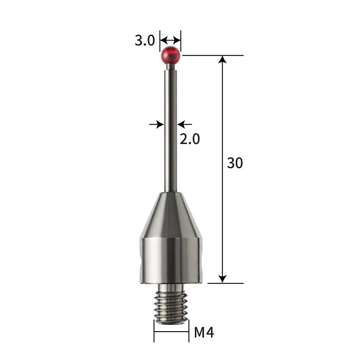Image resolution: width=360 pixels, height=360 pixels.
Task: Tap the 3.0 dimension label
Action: pos(144,41)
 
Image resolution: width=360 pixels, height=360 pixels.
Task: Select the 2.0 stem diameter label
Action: pos(189,139)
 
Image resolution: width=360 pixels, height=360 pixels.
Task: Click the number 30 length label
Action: pos(234,163)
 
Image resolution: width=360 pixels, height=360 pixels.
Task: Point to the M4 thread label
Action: pos(204,333)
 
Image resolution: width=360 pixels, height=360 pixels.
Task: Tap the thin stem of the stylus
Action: pos(171,135)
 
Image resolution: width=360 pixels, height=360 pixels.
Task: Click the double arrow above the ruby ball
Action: pos(171,39)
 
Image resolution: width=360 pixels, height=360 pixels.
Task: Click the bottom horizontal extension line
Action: pos(225,283)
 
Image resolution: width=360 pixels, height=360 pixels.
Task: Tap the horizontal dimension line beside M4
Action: pos(171,333)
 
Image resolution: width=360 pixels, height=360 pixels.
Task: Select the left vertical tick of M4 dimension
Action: pos(154,333)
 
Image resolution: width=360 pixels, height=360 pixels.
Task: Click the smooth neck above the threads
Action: pos(171,286)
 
